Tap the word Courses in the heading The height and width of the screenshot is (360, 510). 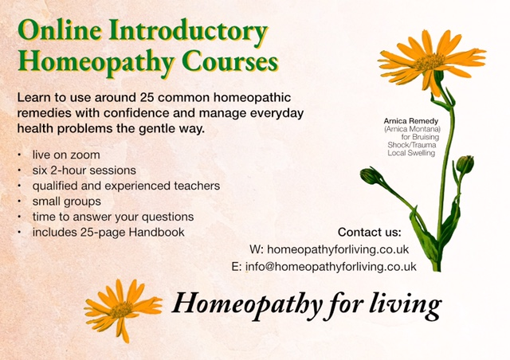pyautogui.click(x=230, y=61)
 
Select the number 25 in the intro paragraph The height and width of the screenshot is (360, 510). pyautogui.click(x=147, y=97)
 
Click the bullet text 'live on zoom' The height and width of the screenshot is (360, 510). pyautogui.click(x=66, y=155)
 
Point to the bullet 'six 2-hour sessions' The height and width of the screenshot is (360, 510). pyautogui.click(x=84, y=170)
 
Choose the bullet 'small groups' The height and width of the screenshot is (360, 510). pyautogui.click(x=67, y=202)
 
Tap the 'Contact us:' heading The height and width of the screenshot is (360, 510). pyautogui.click(x=370, y=233)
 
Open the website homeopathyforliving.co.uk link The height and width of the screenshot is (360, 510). pyautogui.click(x=338, y=249)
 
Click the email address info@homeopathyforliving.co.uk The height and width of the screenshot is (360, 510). pyautogui.click(x=331, y=266)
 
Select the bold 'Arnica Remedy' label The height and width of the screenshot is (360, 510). pyautogui.click(x=411, y=121)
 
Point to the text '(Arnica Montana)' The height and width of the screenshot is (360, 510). pyautogui.click(x=412, y=129)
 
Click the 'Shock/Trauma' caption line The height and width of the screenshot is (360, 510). pyautogui.click(x=412, y=145)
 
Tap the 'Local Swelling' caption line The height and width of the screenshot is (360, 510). pyautogui.click(x=411, y=153)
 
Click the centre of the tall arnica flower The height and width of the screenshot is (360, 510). pyautogui.click(x=430, y=61)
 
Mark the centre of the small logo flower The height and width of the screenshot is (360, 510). pyautogui.click(x=121, y=309)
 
